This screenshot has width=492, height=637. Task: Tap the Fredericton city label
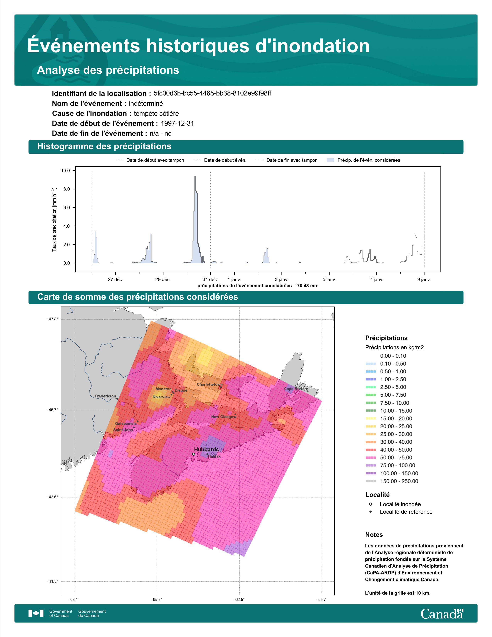click(106, 396)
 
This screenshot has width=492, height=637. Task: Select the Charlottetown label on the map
click(210, 384)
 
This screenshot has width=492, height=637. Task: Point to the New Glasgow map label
click(224, 417)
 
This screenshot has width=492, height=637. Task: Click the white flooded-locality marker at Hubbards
click(194, 454)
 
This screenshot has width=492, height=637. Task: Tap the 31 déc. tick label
click(210, 280)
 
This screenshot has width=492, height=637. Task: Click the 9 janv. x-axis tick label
click(424, 280)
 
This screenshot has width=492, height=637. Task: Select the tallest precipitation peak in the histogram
click(195, 176)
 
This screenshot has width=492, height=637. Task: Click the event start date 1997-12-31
click(177, 123)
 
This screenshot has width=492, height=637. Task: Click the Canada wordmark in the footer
click(442, 614)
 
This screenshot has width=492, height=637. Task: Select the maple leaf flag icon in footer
click(36, 613)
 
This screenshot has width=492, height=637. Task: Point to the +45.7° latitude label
click(52, 410)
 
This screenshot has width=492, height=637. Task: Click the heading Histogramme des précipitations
click(104, 147)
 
